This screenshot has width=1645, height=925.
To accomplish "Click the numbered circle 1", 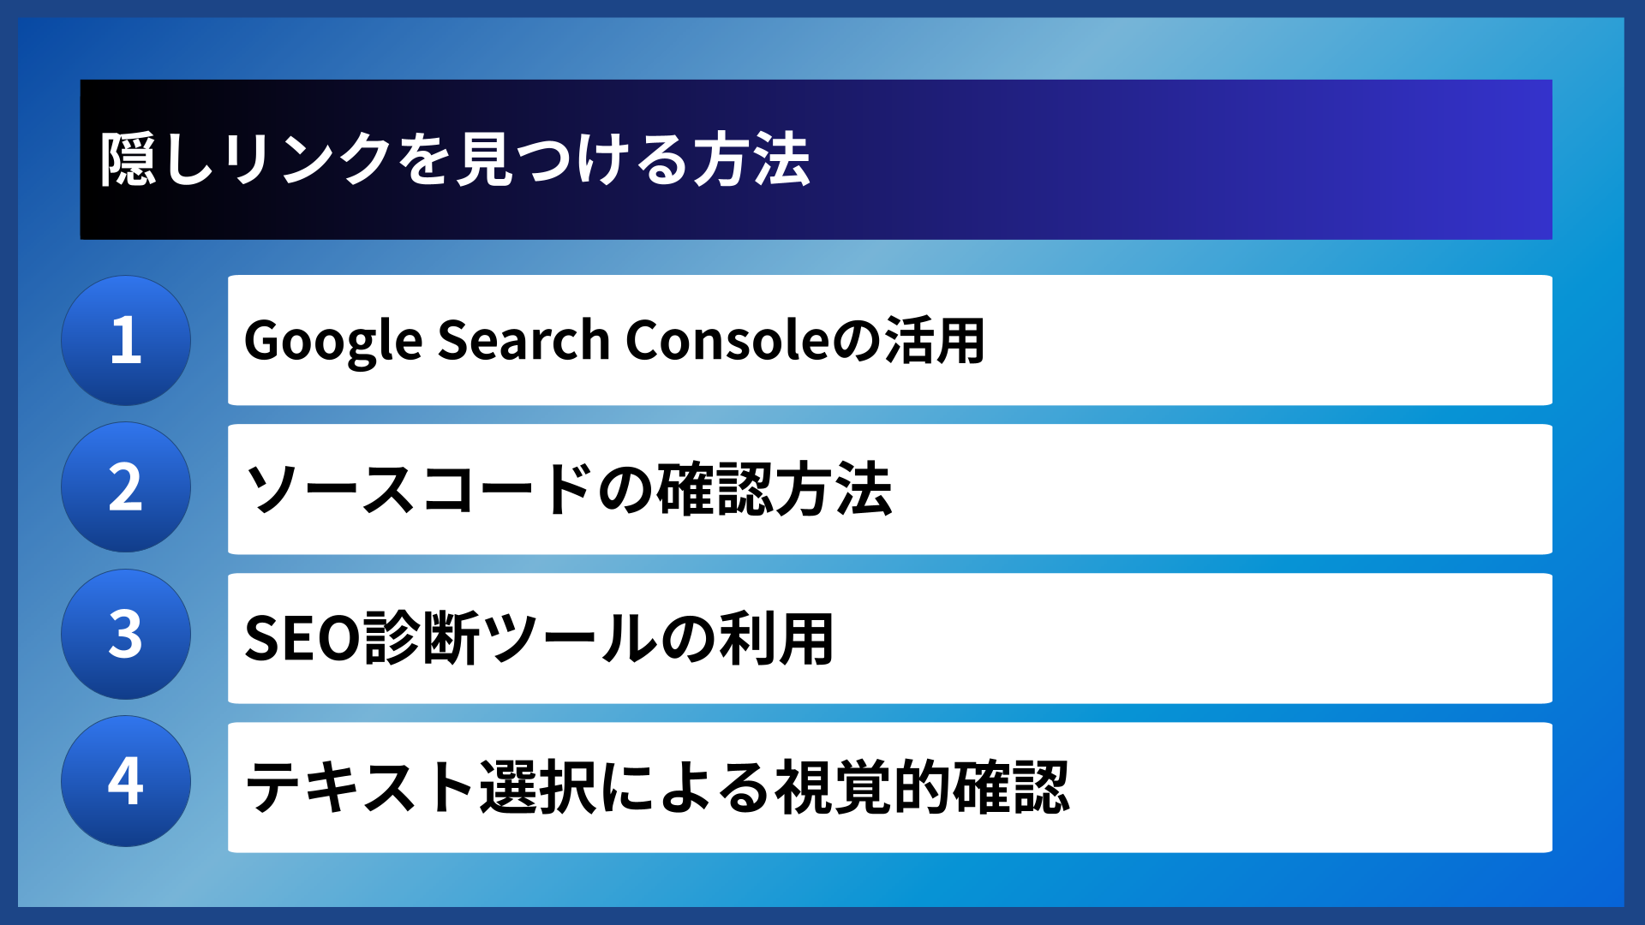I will pyautogui.click(x=126, y=340).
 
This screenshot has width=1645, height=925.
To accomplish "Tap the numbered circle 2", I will pyautogui.click(x=126, y=487).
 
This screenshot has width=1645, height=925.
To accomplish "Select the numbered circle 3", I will pyautogui.click(x=126, y=635).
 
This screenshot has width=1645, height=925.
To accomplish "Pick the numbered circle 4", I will pyautogui.click(x=126, y=782).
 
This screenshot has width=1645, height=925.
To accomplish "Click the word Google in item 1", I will pyautogui.click(x=333, y=341).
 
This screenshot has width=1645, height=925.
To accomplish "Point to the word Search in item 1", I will pyautogui.click(x=523, y=340).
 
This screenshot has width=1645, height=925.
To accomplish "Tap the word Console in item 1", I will pyautogui.click(x=728, y=340).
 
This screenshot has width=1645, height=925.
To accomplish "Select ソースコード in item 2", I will pyautogui.click(x=420, y=489).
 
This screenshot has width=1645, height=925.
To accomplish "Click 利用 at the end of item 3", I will pyautogui.click(x=776, y=638).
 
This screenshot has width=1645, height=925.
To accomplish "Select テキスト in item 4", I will pyautogui.click(x=361, y=787).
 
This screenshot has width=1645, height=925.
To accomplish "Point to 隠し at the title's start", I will pyautogui.click(x=157, y=160).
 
